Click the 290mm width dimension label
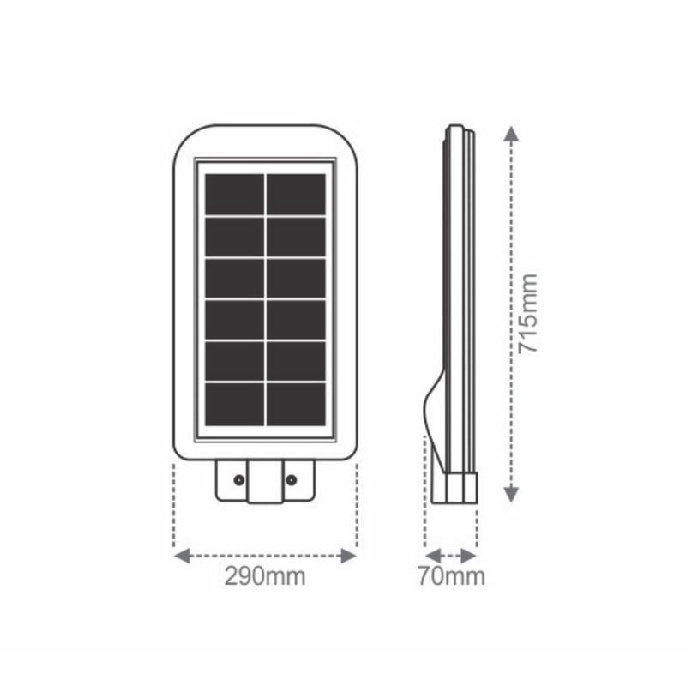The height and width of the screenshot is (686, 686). (265, 576)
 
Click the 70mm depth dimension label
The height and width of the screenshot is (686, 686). (452, 576)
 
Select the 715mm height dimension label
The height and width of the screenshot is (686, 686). (527, 314)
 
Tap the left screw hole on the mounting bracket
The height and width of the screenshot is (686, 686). (239, 480)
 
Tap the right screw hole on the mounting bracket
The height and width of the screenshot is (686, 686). (292, 480)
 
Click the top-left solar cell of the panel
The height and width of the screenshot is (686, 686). (234, 195)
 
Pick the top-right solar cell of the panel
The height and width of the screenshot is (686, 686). (296, 195)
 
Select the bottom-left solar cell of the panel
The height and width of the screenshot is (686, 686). (234, 404)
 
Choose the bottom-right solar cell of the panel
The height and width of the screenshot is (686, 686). (296, 404)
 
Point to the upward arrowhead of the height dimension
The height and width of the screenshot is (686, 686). (511, 134)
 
